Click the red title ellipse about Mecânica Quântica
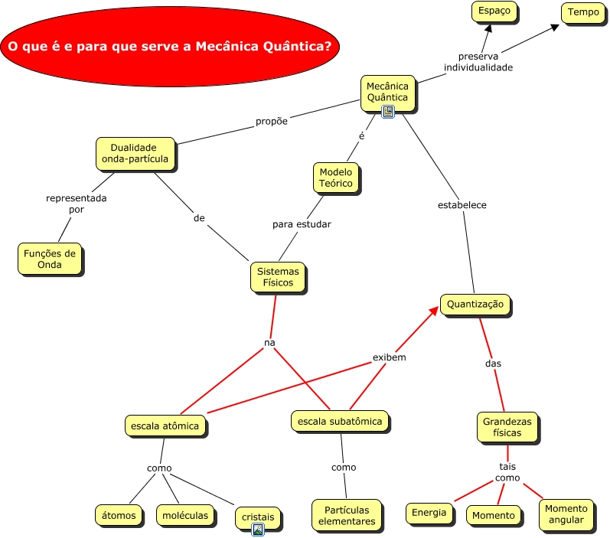(x=169, y=47)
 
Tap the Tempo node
(x=583, y=12)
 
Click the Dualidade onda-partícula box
(x=134, y=153)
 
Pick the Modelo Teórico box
(x=335, y=178)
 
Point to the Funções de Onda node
(x=49, y=259)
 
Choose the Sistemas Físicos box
(x=278, y=277)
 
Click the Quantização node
(x=475, y=304)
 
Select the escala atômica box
(x=165, y=426)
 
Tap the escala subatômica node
(x=339, y=420)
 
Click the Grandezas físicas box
(x=507, y=426)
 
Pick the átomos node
(x=119, y=515)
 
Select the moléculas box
(x=184, y=515)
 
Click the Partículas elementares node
(x=347, y=515)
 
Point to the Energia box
(x=429, y=513)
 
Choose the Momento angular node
(x=566, y=514)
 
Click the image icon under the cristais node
(x=258, y=529)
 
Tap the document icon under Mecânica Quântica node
(x=387, y=112)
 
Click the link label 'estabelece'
(x=462, y=205)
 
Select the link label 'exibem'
(x=389, y=357)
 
